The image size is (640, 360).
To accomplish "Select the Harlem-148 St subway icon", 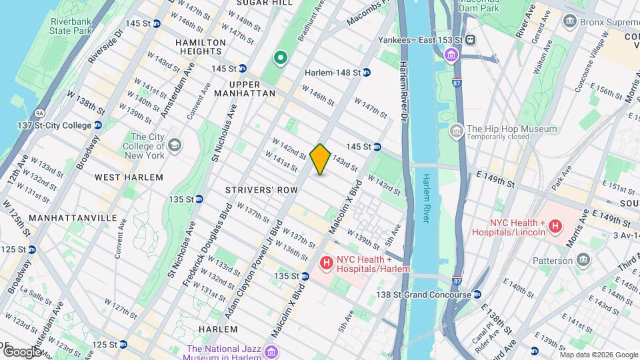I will (x=367, y=73).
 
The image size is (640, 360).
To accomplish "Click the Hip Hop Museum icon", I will (x=457, y=129).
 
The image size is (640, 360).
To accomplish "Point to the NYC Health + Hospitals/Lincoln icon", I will (x=554, y=227).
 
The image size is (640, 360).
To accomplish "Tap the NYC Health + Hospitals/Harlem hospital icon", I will (x=326, y=263).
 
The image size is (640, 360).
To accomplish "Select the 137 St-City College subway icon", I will (x=98, y=125).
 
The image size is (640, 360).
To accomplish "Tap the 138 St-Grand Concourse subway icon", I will (x=477, y=295).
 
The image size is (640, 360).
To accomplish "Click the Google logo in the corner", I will (x=21, y=351).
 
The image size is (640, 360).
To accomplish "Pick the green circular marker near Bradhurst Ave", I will (x=281, y=58).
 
